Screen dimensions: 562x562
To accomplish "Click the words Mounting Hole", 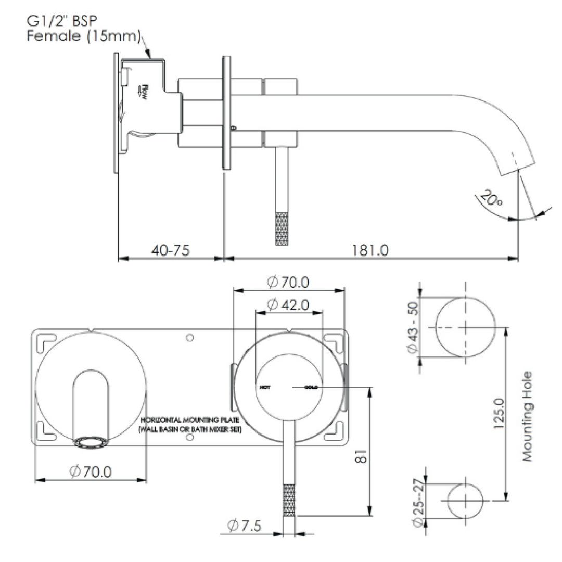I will point(528,416).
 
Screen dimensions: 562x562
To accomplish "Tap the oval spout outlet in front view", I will point(92,443).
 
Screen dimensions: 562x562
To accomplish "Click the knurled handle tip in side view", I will point(281,228).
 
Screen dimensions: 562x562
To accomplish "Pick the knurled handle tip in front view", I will point(289,500).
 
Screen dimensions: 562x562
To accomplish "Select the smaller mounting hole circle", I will point(465,500).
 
